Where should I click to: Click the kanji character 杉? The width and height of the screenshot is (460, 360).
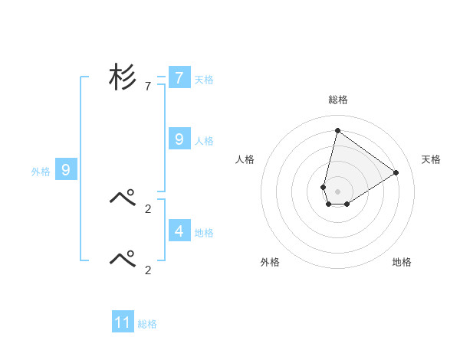[x=123, y=77]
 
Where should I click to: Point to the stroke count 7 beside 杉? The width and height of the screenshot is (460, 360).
[x=148, y=87]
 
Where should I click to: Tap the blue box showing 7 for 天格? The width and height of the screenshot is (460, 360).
[x=179, y=78]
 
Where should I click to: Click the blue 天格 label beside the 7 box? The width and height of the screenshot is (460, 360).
[x=204, y=79]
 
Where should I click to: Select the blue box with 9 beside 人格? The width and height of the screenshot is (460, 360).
[x=179, y=139]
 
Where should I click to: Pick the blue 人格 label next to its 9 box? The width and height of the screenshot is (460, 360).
[x=204, y=140]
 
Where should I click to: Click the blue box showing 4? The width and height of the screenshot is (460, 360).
[x=179, y=231]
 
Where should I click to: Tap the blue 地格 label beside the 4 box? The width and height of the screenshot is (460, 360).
[x=204, y=232]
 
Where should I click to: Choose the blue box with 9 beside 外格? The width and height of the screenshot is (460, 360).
[x=66, y=170]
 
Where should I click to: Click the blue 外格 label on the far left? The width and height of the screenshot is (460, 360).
[x=41, y=172]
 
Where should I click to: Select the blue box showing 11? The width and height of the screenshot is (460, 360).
[x=123, y=322]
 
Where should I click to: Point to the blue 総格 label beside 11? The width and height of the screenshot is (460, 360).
[x=147, y=324]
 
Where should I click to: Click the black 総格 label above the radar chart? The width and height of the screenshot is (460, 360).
[x=337, y=100]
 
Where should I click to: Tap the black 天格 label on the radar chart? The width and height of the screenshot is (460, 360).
[x=431, y=159]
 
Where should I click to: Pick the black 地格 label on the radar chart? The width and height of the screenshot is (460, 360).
[x=402, y=262]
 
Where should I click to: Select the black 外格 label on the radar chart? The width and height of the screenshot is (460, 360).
[x=270, y=262]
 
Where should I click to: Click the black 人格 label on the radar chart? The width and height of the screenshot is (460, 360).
[x=245, y=159]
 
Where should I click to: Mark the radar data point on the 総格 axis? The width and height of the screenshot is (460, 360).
[x=337, y=130]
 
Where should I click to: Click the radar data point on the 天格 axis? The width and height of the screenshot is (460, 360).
[x=396, y=172]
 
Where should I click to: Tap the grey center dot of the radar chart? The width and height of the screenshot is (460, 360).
[x=337, y=191]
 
